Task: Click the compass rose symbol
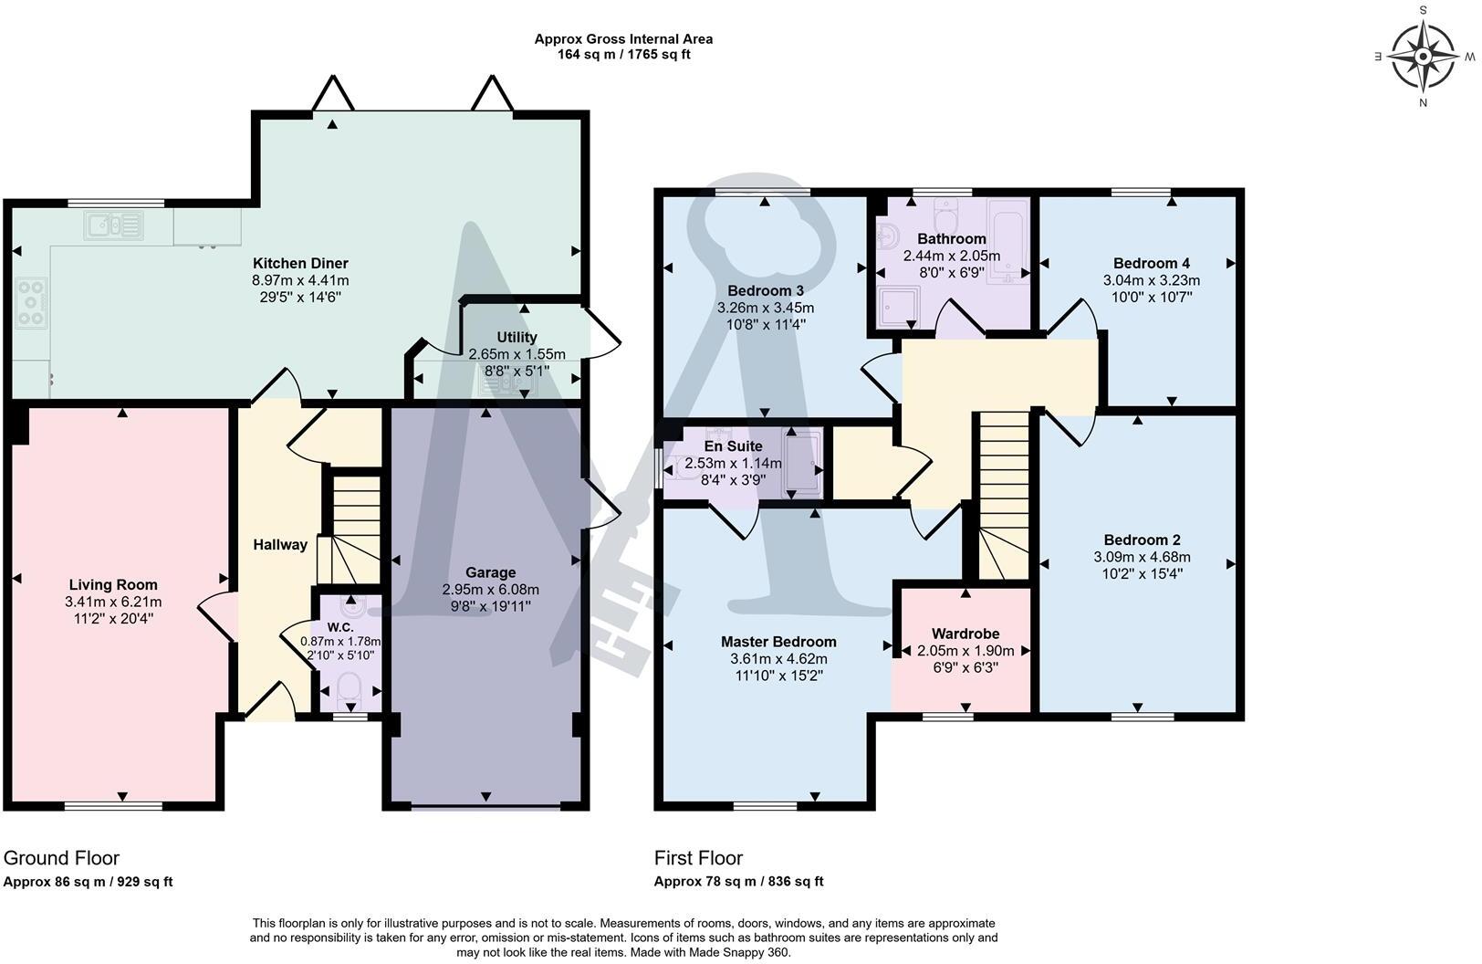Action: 1423,57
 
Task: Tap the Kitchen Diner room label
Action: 300,263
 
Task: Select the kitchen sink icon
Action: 113,225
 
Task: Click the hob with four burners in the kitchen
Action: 31,303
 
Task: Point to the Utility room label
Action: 517,337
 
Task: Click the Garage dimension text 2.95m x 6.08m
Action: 490,589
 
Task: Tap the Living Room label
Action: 113,585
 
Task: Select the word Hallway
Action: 280,544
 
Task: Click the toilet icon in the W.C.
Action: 349,690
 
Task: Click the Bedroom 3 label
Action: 766,290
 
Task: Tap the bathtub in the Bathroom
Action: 1007,242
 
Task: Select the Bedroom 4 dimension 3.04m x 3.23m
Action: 1152,280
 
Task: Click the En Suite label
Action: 733,445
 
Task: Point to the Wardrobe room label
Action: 965,634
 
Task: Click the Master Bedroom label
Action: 778,642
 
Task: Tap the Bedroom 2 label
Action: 1142,540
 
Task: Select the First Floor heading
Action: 698,858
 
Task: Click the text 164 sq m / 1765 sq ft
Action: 623,54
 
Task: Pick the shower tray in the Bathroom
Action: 899,307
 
